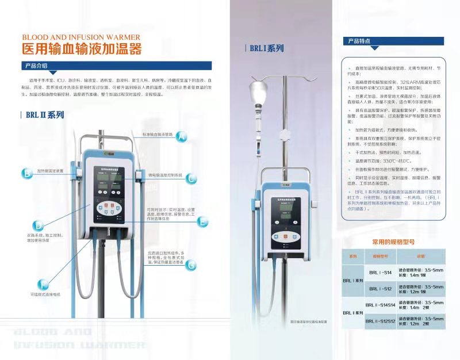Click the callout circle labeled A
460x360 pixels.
[x=182, y=137]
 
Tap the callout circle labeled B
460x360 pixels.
[x=26, y=173]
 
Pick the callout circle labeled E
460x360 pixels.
[x=202, y=221]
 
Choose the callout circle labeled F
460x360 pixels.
[x=43, y=284]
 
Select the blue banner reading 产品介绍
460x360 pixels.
[x=40, y=66]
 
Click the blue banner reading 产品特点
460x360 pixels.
[x=360, y=42]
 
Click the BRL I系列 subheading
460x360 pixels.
[x=266, y=49]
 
